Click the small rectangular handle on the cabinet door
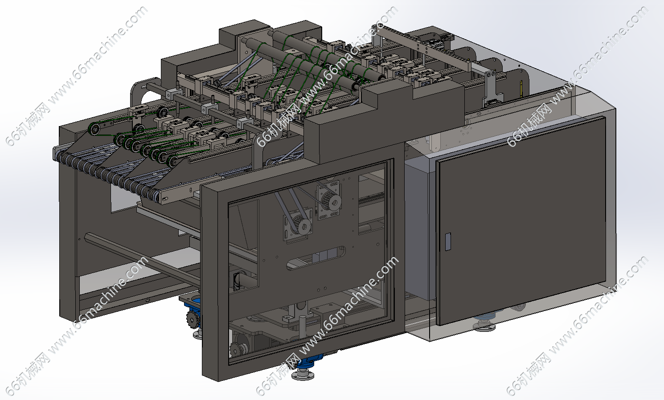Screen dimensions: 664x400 448,241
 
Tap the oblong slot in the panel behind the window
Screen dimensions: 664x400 316,257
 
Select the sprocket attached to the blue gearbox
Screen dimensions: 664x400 193,319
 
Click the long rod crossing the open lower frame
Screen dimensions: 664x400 142,260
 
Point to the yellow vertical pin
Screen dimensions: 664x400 521,89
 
